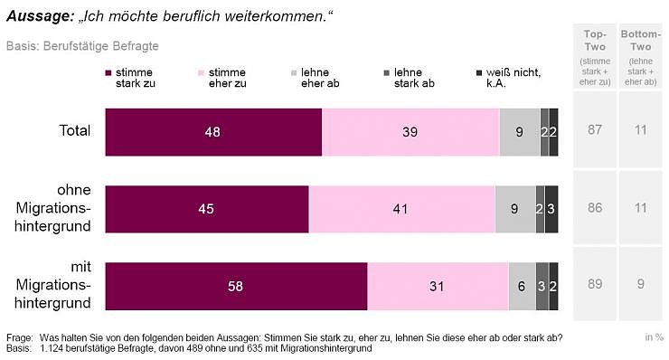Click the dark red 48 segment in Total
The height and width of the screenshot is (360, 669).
(x=213, y=131)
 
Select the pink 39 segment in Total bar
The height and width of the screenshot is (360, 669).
(x=410, y=131)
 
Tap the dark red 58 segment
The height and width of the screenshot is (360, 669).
(x=236, y=286)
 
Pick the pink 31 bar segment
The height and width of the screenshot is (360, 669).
(x=438, y=286)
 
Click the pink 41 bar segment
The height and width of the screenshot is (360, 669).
(x=401, y=209)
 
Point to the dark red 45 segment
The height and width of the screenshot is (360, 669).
(x=207, y=209)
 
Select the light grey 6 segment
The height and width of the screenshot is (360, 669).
(x=522, y=286)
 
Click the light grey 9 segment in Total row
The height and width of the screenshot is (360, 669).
(x=519, y=131)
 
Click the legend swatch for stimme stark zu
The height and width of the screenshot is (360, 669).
(x=108, y=72)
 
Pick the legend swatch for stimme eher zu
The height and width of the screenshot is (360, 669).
(x=201, y=72)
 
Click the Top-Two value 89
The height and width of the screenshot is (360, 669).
(x=594, y=285)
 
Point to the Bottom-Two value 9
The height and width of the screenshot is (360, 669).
(x=640, y=285)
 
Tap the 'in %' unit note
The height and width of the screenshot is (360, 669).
(x=654, y=337)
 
